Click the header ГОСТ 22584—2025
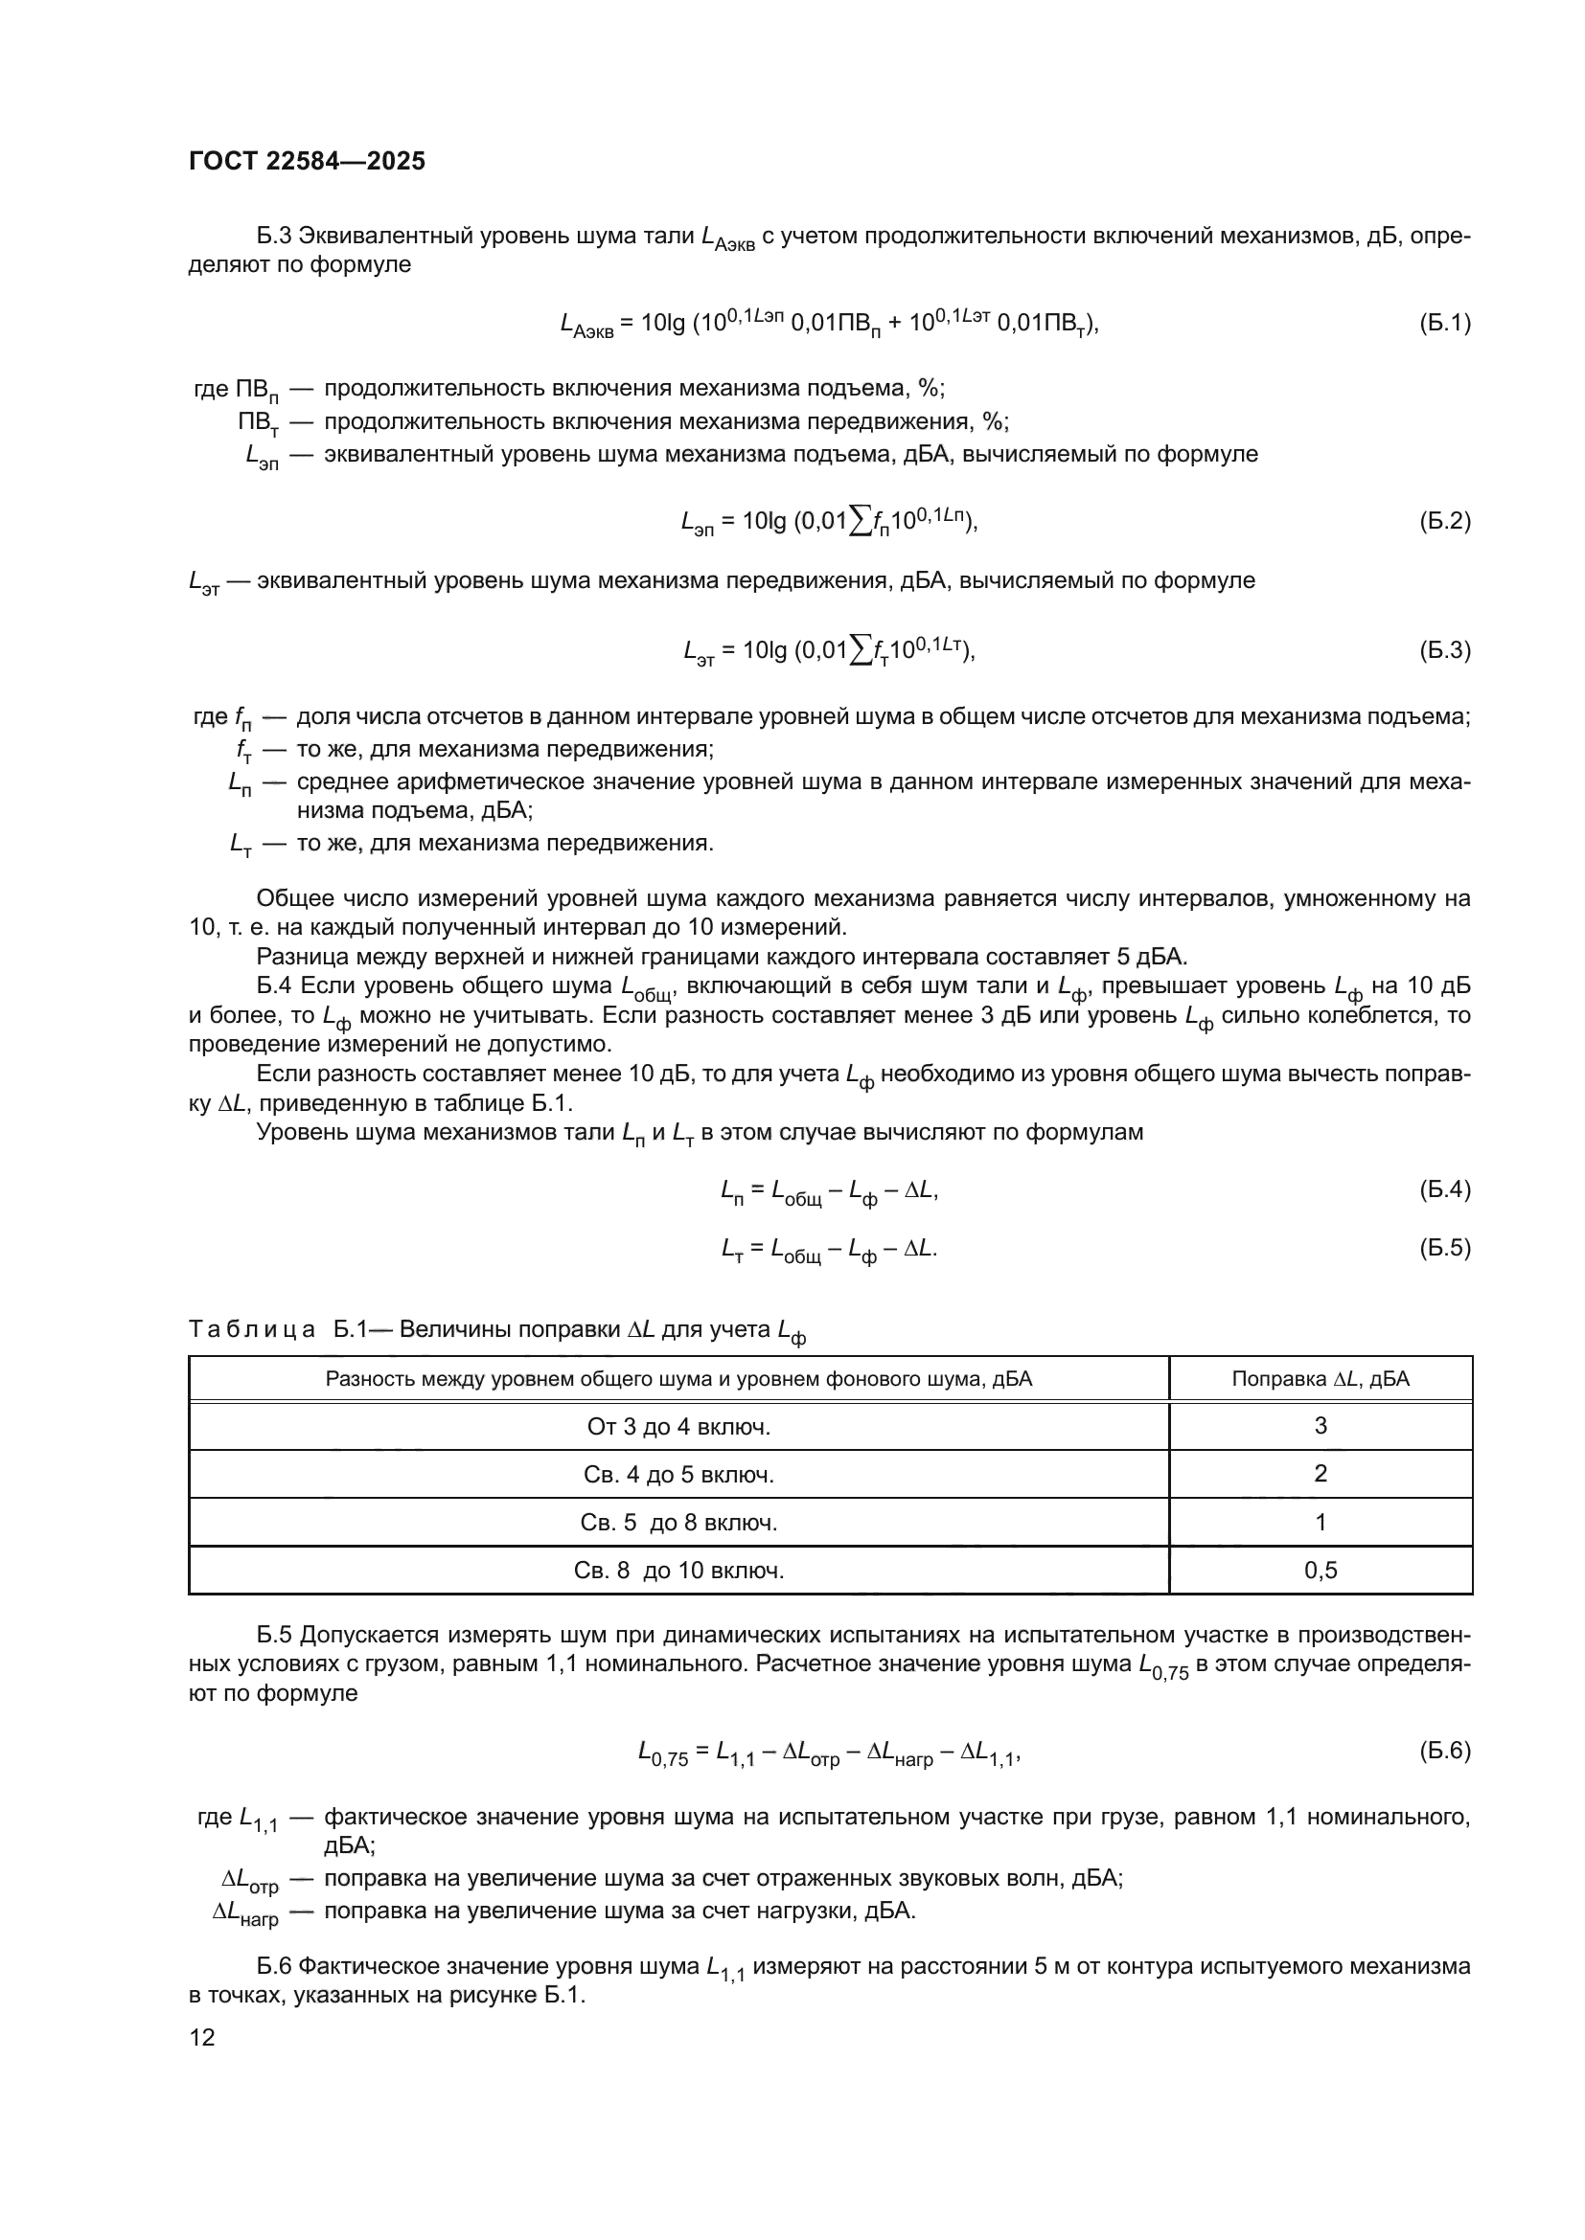(307, 162)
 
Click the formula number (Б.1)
(1443, 323)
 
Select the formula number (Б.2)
(1443, 521)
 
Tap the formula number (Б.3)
(1443, 649)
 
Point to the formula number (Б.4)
(1443, 1189)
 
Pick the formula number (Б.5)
(1443, 1248)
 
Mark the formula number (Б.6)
(1443, 1751)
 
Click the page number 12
(202, 2037)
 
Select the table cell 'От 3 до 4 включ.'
(678, 1426)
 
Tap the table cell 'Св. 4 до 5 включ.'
(678, 1474)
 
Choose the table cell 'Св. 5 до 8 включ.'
(678, 1522)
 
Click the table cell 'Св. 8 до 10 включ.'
(678, 1570)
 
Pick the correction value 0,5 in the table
(1320, 1570)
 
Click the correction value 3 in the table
(1320, 1425)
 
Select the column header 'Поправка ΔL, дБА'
(1320, 1378)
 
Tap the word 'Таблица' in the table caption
(251, 1329)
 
